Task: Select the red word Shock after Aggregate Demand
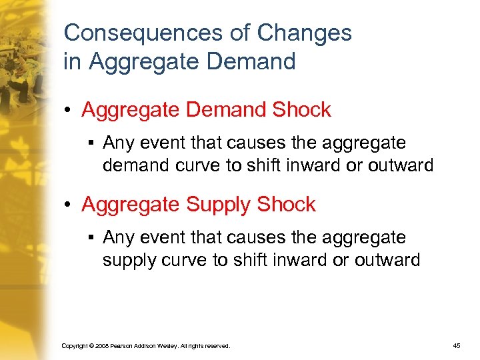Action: [x=301, y=110]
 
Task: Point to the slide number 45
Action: [x=456, y=346]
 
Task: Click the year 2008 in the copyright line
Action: [x=99, y=346]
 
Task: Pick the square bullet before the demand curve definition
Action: [x=89, y=143]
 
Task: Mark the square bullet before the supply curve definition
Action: [x=89, y=238]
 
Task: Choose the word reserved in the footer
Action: [x=217, y=346]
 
